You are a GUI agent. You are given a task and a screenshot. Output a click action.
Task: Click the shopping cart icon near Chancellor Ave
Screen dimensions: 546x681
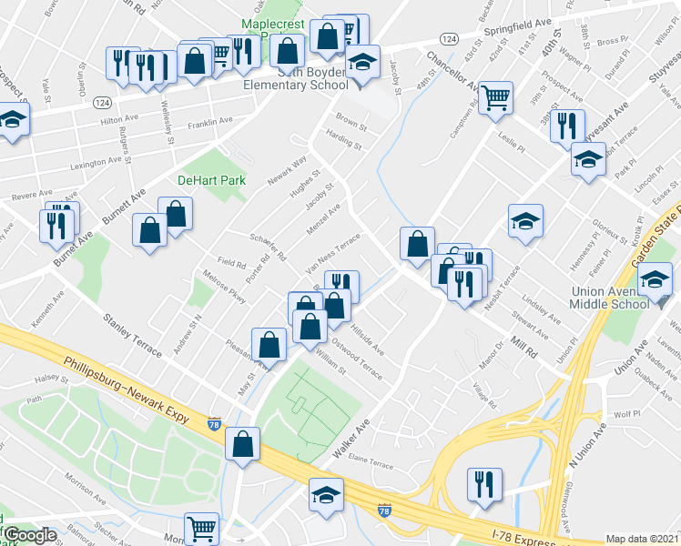(x=495, y=96)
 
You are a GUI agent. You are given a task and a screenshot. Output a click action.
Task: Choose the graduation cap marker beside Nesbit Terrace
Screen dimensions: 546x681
(x=524, y=223)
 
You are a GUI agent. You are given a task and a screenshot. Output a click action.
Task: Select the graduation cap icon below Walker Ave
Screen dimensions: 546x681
(x=323, y=497)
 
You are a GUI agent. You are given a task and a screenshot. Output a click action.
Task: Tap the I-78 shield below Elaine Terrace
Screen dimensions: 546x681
(x=385, y=511)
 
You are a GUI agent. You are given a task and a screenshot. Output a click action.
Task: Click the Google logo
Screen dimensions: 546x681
(x=28, y=534)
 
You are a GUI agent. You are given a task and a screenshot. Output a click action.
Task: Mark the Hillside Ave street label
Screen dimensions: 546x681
(x=367, y=335)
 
